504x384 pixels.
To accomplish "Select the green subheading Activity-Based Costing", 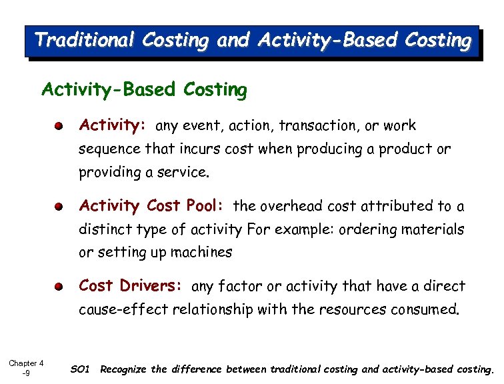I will tap(144, 89).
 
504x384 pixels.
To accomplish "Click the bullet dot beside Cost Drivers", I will tap(59, 287).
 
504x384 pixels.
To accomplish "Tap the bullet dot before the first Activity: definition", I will tap(59, 126).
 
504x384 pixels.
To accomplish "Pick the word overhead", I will tap(287, 207).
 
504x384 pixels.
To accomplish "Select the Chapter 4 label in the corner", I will tap(26, 363).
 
